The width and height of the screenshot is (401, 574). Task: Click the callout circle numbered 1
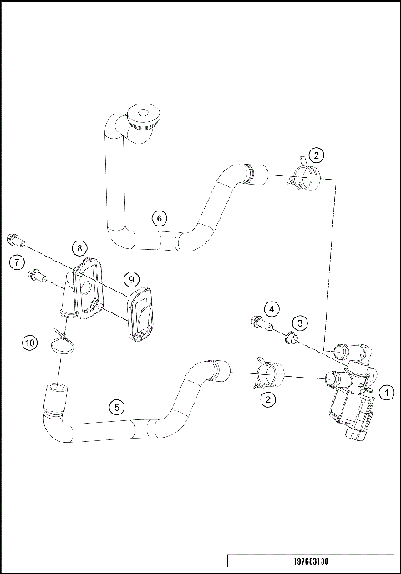(386, 390)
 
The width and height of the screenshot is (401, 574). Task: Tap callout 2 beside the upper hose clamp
(316, 155)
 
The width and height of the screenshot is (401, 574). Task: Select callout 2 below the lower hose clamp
(268, 399)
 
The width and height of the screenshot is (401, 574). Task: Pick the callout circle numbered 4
(271, 310)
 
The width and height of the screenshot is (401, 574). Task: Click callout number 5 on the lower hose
(118, 406)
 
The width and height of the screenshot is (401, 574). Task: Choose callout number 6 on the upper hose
(158, 218)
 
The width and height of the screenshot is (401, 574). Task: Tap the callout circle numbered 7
(17, 263)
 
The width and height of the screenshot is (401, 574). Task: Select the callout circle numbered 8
(78, 247)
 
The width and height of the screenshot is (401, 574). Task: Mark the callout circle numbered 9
(131, 278)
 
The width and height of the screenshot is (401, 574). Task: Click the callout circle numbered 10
(30, 343)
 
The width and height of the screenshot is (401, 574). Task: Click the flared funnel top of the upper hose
(144, 114)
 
